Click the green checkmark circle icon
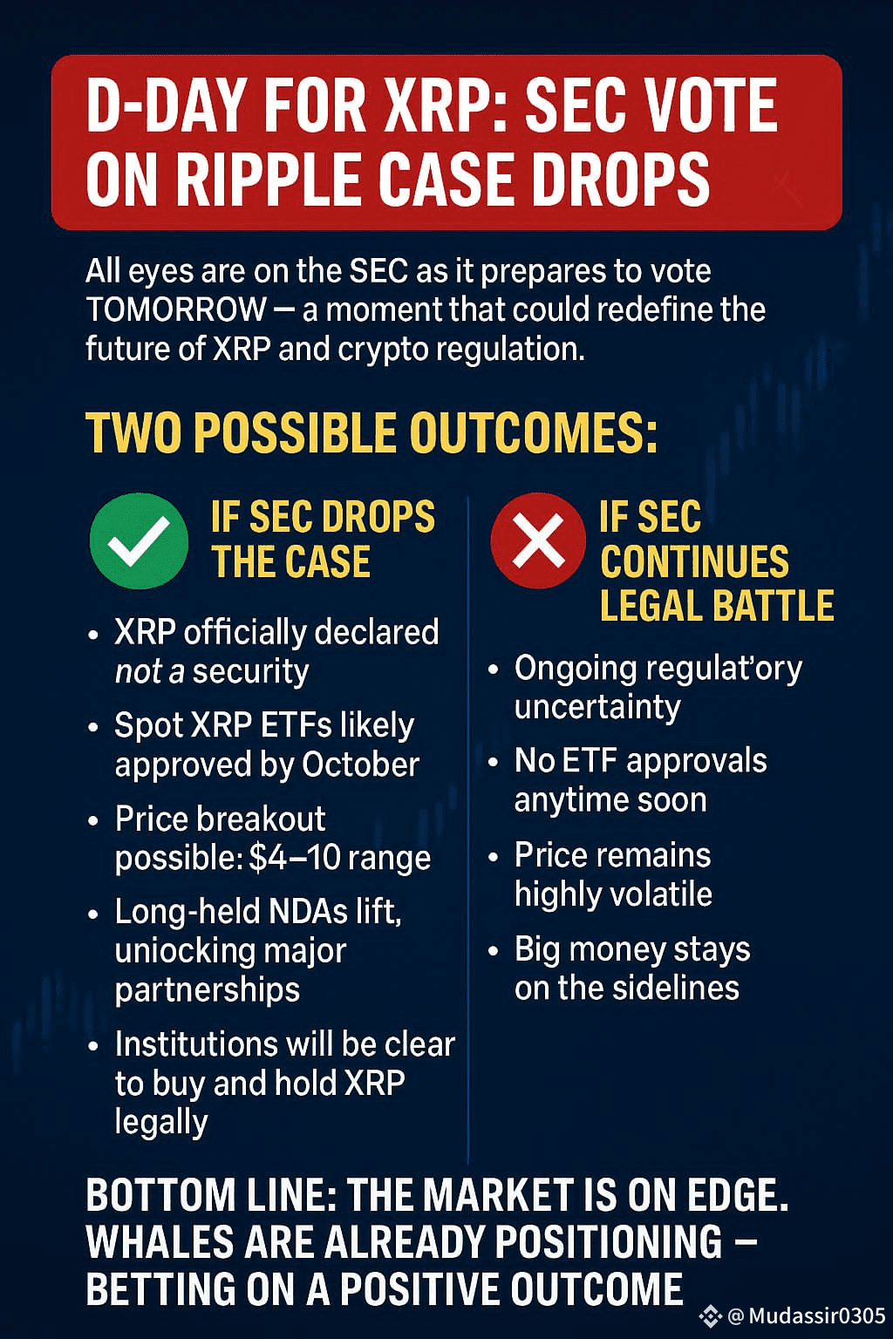click(139, 541)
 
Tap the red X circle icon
click(538, 540)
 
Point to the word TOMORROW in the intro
click(176, 309)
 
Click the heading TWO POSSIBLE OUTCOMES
click(372, 433)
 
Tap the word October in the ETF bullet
click(360, 765)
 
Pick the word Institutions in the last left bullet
click(195, 1044)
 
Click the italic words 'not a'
click(149, 672)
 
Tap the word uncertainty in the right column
click(597, 707)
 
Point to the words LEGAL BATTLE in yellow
click(717, 606)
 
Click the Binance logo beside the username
click(712, 1315)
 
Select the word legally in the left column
click(161, 1122)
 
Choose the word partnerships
click(207, 990)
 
